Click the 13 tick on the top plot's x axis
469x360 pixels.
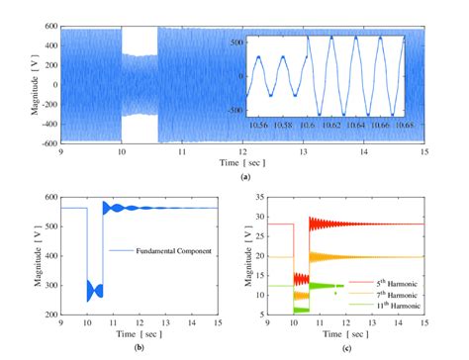click(304, 150)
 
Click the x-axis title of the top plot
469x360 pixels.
click(241, 159)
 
